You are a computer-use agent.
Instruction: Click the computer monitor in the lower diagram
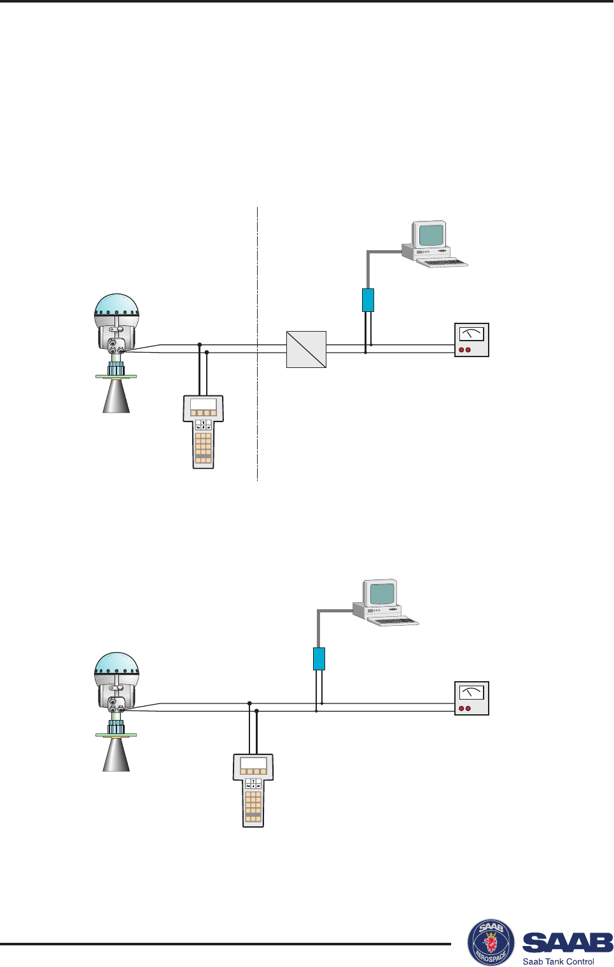[x=382, y=593]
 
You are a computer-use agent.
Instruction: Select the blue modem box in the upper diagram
[x=368, y=300]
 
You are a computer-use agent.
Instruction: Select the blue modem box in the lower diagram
[x=319, y=659]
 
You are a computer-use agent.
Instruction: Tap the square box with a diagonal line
[x=306, y=349]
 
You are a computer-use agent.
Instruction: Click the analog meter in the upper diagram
[x=471, y=340]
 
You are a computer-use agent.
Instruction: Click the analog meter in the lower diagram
[x=471, y=698]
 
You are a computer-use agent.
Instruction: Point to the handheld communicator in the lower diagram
[x=253, y=790]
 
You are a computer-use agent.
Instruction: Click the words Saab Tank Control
[x=558, y=961]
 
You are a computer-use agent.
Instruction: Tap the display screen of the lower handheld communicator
[x=253, y=764]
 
